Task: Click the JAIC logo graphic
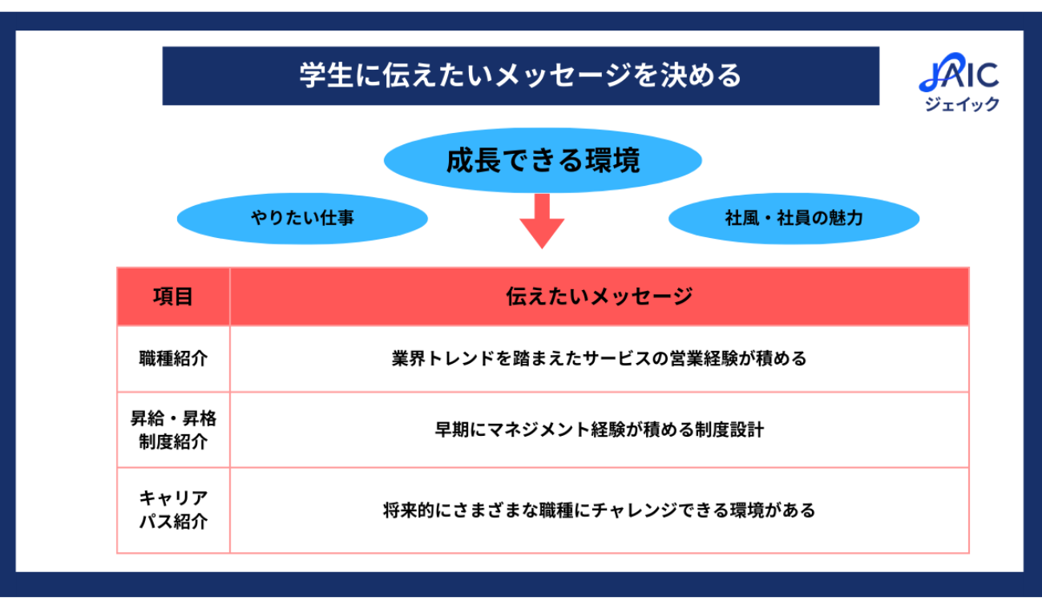pos(959,75)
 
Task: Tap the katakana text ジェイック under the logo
pos(962,104)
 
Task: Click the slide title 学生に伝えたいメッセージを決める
pos(520,76)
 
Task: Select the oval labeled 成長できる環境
pos(543,161)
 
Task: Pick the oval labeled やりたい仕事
pos(301,217)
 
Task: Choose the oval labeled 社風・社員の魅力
pos(794,217)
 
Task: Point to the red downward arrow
pos(542,221)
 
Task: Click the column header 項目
pos(173,296)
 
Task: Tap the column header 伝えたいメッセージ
pos(599,296)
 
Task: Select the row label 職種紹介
pos(173,358)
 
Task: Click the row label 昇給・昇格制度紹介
pos(173,430)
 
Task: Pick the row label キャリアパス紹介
pos(173,510)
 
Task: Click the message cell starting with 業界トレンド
pos(599,358)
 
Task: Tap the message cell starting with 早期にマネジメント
pos(599,430)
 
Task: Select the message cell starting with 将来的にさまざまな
pos(599,510)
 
